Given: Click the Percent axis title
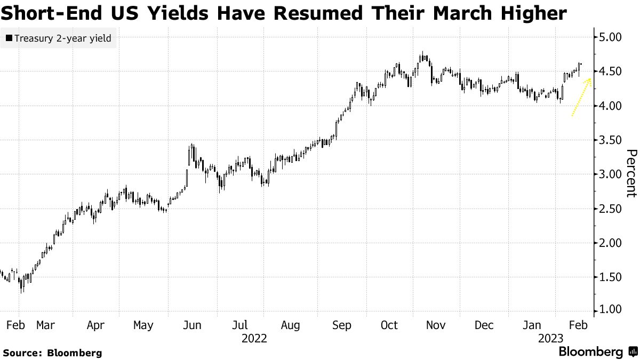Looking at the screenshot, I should (x=630, y=173).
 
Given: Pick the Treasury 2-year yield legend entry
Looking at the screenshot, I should (x=59, y=38).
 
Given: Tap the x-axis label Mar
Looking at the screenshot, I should (x=46, y=325).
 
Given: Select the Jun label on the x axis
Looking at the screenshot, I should (x=192, y=325).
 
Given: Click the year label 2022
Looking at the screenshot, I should (x=254, y=338).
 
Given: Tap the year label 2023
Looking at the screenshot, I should (x=550, y=338).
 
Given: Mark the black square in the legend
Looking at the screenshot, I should (x=10, y=38).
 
